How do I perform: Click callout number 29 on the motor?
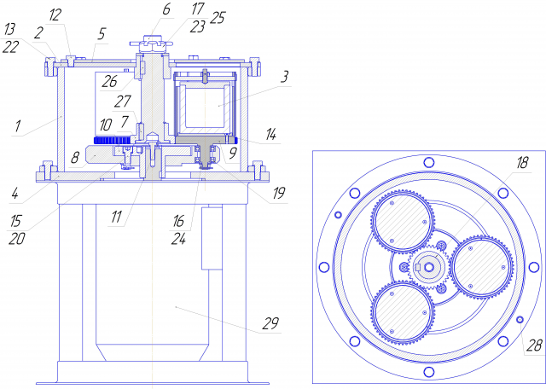(x=270, y=323)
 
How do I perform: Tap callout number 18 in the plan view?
(x=522, y=163)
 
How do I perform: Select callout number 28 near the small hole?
(x=535, y=345)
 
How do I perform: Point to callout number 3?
(x=285, y=77)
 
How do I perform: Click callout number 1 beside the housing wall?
(x=18, y=125)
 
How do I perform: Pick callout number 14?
(x=271, y=134)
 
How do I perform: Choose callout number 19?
(x=279, y=193)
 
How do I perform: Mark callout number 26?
(x=109, y=82)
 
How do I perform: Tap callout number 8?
(x=75, y=158)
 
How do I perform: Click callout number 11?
(x=116, y=217)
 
